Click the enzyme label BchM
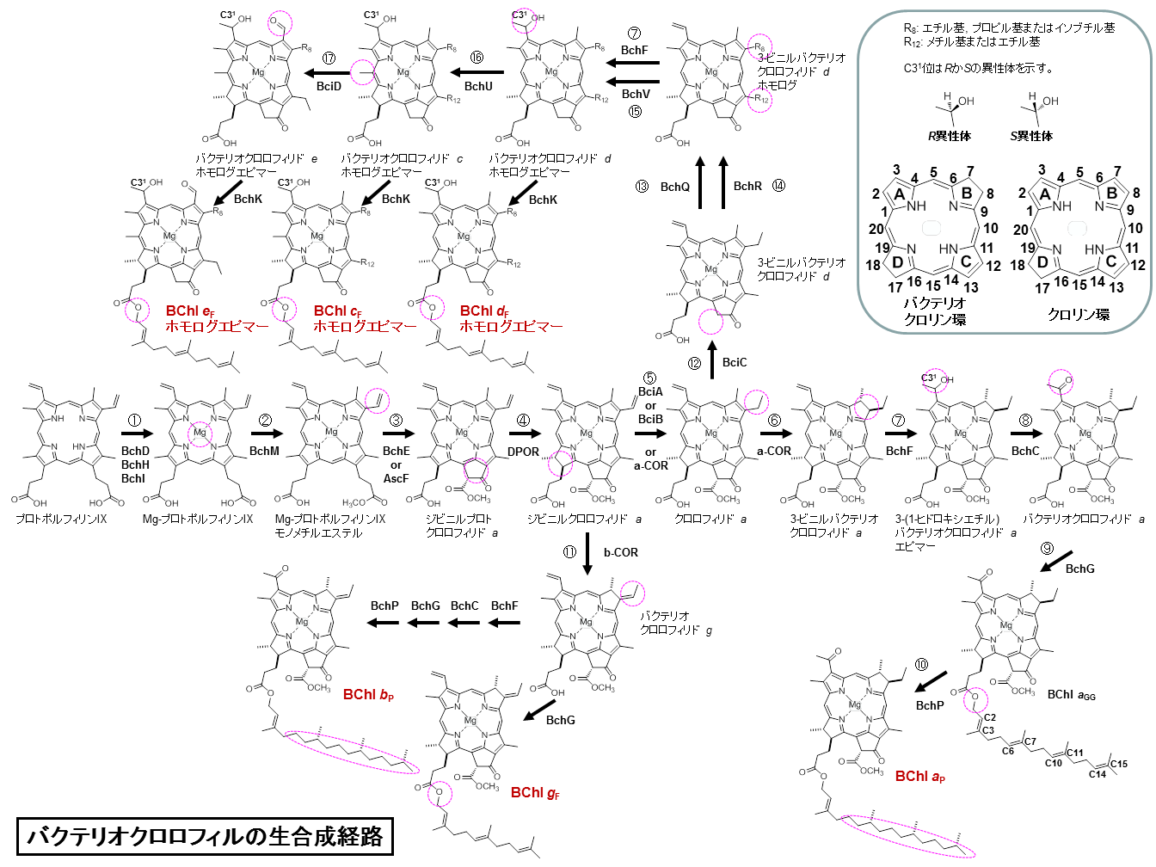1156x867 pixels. (264, 451)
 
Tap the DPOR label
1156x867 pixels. (523, 451)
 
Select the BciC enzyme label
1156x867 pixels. (735, 362)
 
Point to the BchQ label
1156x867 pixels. (675, 187)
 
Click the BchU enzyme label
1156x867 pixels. (478, 86)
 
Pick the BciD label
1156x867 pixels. (329, 86)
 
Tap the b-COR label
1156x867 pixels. (620, 552)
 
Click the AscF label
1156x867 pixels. (396, 478)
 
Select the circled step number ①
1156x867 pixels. (134, 421)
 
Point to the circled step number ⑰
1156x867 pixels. (329, 58)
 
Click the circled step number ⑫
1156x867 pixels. (694, 363)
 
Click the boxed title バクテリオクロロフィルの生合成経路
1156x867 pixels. (205, 836)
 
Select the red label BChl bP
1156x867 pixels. (368, 694)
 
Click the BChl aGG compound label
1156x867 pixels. (1071, 695)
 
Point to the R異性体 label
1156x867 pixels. (949, 136)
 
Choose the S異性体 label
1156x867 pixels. (1031, 136)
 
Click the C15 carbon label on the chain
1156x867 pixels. (1118, 764)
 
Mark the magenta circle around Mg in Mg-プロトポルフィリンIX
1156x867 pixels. (200, 432)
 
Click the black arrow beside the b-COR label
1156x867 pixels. (587, 554)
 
